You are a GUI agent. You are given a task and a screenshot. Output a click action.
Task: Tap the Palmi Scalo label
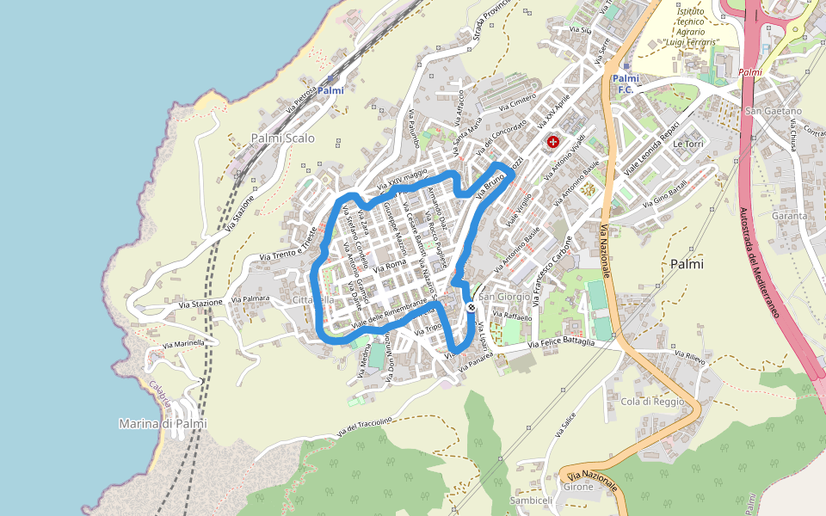click(x=283, y=138)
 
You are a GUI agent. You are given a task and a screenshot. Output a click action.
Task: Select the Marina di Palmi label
click(x=163, y=423)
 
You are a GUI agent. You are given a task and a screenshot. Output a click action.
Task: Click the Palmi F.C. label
click(x=626, y=83)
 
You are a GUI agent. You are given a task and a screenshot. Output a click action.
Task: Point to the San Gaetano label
click(x=773, y=111)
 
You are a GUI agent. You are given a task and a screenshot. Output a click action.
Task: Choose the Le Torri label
click(x=688, y=144)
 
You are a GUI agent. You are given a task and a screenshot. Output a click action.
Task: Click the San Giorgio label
click(x=505, y=297)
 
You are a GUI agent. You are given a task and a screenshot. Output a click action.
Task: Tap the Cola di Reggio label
click(x=652, y=402)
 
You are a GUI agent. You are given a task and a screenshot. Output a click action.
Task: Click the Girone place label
click(x=578, y=487)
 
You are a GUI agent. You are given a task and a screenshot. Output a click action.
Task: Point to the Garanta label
click(x=789, y=216)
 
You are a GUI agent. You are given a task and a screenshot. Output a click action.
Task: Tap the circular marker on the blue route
click(x=471, y=307)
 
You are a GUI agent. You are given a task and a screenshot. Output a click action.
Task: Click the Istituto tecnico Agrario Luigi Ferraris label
click(x=692, y=28)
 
